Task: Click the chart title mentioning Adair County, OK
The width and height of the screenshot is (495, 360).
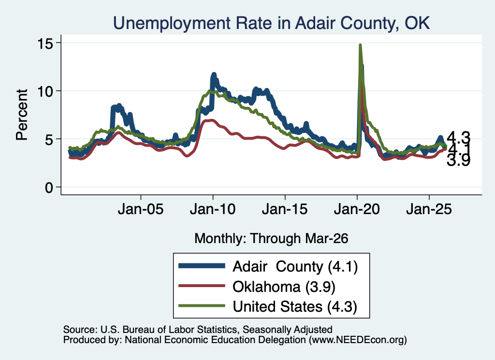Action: (x=271, y=23)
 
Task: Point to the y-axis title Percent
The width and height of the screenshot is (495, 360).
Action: (x=22, y=115)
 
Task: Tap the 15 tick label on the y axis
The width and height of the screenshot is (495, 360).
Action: (x=45, y=43)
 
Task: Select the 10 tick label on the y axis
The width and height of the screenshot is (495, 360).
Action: (x=45, y=91)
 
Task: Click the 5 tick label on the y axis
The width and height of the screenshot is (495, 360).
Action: (x=49, y=140)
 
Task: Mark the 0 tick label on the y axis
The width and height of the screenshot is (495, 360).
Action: (x=49, y=188)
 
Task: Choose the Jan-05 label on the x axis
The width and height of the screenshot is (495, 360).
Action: (x=141, y=209)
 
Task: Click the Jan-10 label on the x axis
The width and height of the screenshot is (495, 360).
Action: (x=213, y=209)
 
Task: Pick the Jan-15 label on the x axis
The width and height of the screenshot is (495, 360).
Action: (x=285, y=209)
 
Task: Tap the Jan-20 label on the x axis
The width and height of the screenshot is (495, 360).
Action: (x=357, y=209)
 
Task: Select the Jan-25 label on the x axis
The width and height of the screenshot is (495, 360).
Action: (x=429, y=209)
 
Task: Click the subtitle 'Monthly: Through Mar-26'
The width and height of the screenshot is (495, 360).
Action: (x=271, y=239)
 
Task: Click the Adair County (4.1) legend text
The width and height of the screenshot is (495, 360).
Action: (x=295, y=267)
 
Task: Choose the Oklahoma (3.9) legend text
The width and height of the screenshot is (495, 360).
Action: (x=284, y=287)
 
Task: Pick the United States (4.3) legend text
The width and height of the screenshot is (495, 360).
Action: (x=295, y=307)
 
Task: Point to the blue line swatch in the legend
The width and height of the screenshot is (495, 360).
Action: (x=202, y=266)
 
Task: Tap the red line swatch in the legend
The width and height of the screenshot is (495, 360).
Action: (x=202, y=286)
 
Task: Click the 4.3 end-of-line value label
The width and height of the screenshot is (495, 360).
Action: (x=458, y=138)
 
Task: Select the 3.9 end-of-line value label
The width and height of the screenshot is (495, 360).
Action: (x=458, y=160)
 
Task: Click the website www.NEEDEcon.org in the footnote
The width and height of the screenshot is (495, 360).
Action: (x=358, y=340)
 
